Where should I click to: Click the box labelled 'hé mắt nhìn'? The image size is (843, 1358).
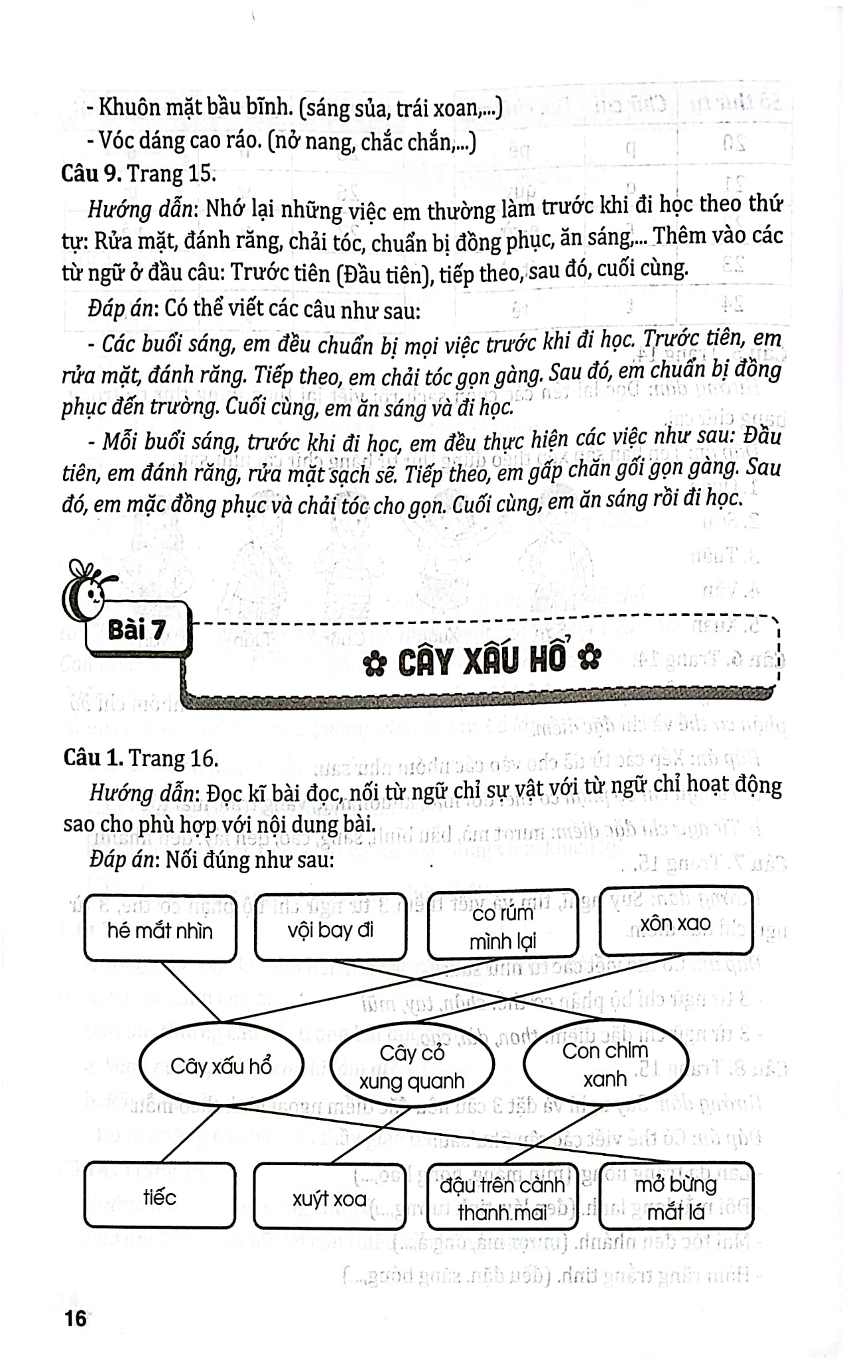pyautogui.click(x=160, y=930)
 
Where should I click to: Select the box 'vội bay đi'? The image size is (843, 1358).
pyautogui.click(x=330, y=930)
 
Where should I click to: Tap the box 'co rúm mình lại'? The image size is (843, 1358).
pyautogui.click(x=502, y=927)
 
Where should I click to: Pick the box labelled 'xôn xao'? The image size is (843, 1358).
pyautogui.click(x=675, y=922)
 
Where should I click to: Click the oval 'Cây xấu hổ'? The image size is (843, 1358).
pyautogui.click(x=221, y=1066)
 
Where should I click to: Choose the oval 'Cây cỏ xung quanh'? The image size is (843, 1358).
pyautogui.click(x=412, y=1067)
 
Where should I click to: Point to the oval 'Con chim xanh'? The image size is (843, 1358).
pyautogui.click(x=605, y=1064)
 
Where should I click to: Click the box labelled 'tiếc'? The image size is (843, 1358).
pyautogui.click(x=160, y=1197)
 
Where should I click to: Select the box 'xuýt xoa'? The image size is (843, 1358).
pyautogui.click(x=330, y=1199)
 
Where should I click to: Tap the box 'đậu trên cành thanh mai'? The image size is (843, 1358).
pyautogui.click(x=502, y=1198)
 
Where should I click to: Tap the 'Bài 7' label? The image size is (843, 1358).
pyautogui.click(x=137, y=630)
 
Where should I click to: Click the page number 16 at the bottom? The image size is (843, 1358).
pyautogui.click(x=76, y=1319)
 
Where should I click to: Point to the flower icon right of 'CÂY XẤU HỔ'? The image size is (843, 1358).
pyautogui.click(x=590, y=659)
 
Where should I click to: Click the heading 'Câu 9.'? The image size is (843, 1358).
pyautogui.click(x=92, y=174)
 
